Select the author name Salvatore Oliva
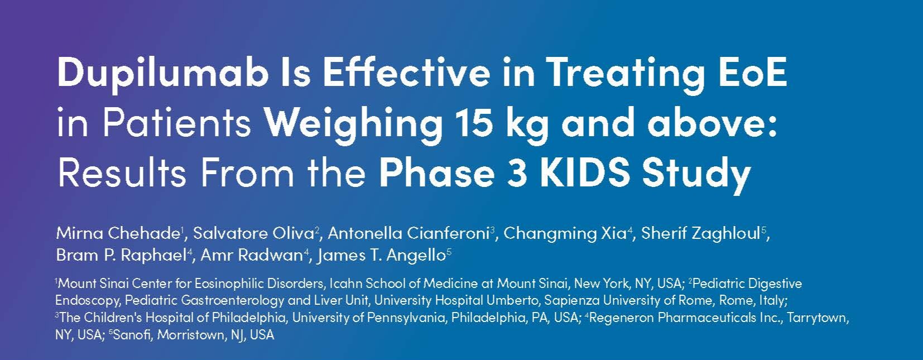click(254, 233)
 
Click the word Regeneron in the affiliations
click(622, 318)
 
